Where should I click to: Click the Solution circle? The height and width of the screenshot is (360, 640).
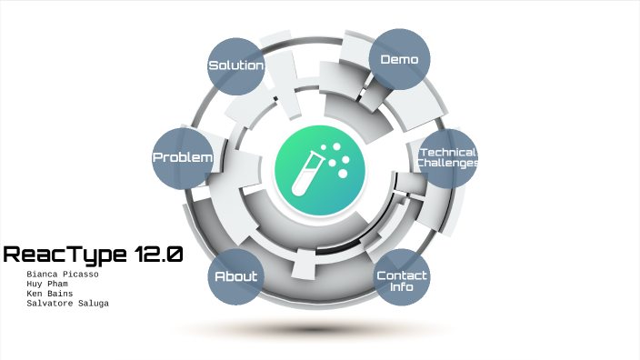[x=235, y=66]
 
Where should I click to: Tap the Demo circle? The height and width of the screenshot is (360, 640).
[x=399, y=60]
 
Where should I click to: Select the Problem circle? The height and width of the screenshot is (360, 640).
[x=183, y=158]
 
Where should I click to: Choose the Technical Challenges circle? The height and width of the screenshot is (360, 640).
[x=447, y=158]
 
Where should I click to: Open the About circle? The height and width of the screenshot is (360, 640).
[x=235, y=276]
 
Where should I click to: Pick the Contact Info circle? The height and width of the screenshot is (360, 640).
[x=401, y=280]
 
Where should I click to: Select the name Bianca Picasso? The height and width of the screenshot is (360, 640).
[x=63, y=274]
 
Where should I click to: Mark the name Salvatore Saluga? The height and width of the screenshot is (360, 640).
[x=68, y=304]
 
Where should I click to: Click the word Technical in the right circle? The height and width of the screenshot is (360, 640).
[x=447, y=152]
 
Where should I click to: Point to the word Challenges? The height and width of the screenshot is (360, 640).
[x=447, y=163]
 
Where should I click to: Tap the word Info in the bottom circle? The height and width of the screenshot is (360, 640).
[x=401, y=287]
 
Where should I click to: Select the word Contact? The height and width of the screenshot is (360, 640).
[x=401, y=275]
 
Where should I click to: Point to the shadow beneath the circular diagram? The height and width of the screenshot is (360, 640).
[x=318, y=329]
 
